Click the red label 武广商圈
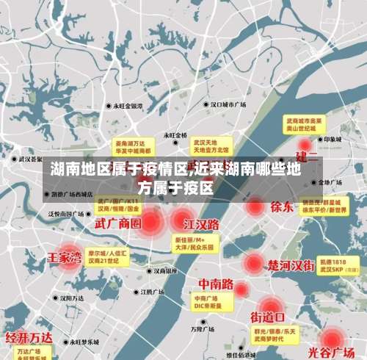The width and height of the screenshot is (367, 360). (119, 223)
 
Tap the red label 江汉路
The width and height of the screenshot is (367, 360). (201, 223)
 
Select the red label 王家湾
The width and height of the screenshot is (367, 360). (65, 258)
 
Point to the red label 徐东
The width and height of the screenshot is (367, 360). (282, 206)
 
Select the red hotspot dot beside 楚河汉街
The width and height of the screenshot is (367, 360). (254, 262)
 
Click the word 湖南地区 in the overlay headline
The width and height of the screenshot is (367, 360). (81, 168)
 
